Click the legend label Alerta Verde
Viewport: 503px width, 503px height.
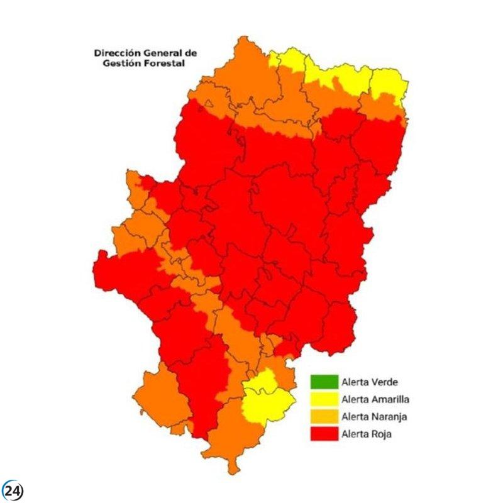pos(369,381)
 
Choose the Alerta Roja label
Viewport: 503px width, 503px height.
pos(367,433)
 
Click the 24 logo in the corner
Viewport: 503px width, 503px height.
pos(12,490)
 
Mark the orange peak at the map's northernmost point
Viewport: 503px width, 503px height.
pos(242,47)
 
